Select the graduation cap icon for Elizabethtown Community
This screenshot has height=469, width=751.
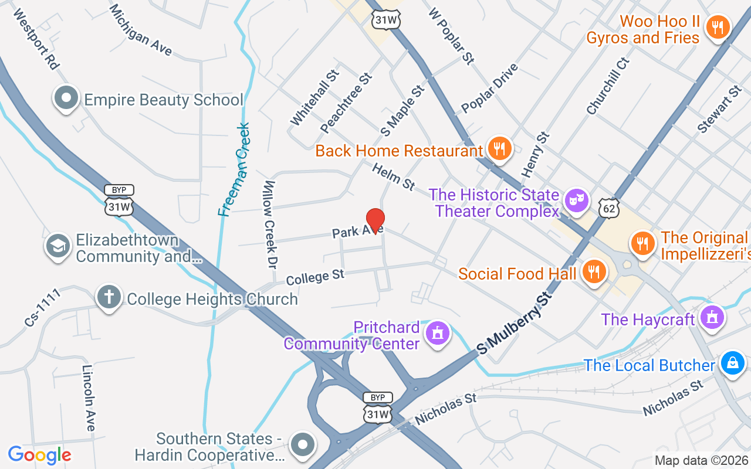pyautogui.click(x=58, y=246)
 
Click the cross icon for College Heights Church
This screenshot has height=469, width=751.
pyautogui.click(x=109, y=297)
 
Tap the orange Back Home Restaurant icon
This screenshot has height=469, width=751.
pyautogui.click(x=499, y=149)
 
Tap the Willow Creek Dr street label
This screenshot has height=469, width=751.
pyautogui.click(x=270, y=225)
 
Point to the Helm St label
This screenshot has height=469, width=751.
pyautogui.click(x=394, y=176)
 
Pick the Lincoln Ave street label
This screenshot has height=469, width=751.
pyautogui.click(x=88, y=398)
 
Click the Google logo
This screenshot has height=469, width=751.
pyautogui.click(x=39, y=455)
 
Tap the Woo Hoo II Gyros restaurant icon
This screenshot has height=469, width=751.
pyautogui.click(x=717, y=28)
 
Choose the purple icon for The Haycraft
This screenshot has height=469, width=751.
pyautogui.click(x=712, y=318)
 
